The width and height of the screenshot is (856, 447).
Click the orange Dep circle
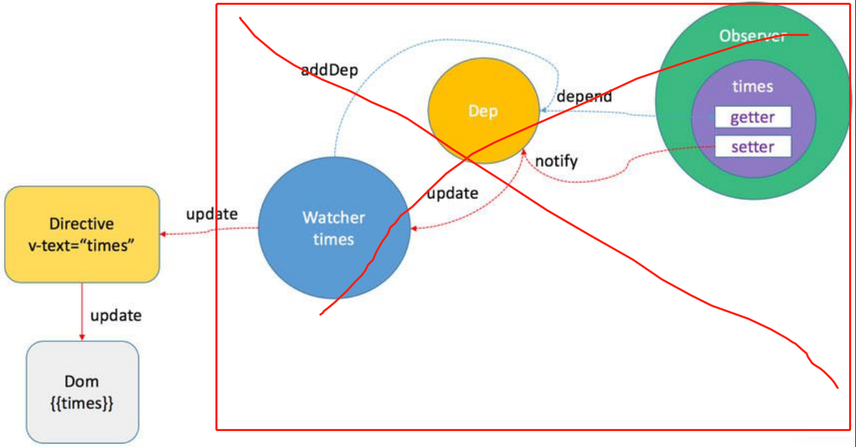coord(483,111)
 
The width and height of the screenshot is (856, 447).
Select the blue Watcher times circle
coord(334,228)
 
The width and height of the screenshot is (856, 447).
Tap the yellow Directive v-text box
coord(82,234)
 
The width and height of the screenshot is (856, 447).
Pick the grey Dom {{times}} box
coord(82,392)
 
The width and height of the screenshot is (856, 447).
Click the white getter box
coord(753,117)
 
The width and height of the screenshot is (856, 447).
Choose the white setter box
coord(753,147)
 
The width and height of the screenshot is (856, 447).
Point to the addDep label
coord(329,71)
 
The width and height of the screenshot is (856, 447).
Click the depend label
coord(584,96)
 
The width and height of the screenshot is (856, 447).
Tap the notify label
coord(556,161)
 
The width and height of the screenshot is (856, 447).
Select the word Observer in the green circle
coord(752,36)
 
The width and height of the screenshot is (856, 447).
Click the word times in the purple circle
coord(753,86)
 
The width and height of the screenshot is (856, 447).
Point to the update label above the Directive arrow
coord(211,214)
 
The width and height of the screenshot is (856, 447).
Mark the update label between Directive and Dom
coord(116,316)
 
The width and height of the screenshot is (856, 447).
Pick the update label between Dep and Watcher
coord(452,193)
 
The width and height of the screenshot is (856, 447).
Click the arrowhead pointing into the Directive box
coord(164,235)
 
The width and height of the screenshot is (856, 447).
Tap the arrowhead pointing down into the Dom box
coord(82,337)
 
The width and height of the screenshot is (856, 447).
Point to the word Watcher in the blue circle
coord(333,218)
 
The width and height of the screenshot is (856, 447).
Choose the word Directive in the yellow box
coord(82,224)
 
